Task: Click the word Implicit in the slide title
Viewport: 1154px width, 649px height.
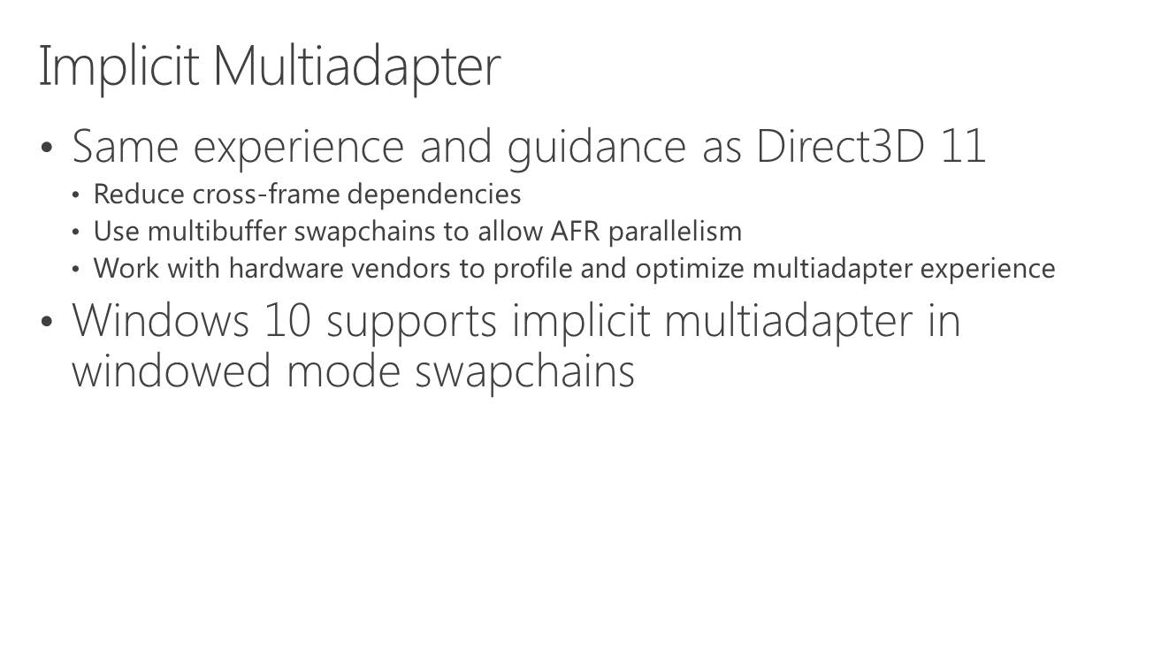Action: tap(119, 67)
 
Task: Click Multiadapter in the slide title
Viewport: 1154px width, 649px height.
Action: tap(356, 67)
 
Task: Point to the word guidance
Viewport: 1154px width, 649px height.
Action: tap(597, 149)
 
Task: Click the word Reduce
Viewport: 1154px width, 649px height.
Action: tap(139, 195)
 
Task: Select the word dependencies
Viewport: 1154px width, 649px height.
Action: tap(434, 195)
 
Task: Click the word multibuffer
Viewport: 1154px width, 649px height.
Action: tap(217, 232)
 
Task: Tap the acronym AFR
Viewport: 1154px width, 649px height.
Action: tap(575, 232)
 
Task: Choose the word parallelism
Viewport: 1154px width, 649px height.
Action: tap(675, 233)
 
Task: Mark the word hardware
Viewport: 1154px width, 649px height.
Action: tap(286, 269)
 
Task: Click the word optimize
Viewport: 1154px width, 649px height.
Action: tap(690, 270)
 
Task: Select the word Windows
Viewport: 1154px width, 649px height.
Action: tap(161, 320)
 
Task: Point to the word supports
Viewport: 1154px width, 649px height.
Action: tap(411, 324)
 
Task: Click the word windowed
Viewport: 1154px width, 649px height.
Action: tap(172, 370)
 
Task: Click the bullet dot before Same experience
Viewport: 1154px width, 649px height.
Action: tap(47, 148)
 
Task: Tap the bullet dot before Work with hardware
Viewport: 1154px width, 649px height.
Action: tap(76, 269)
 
